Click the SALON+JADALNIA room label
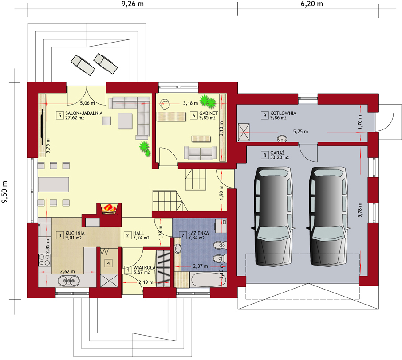point(84,113)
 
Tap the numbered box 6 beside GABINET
point(194,116)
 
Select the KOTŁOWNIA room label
point(283,113)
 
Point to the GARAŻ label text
point(277,153)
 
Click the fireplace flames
point(109,208)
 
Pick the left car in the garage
point(273,216)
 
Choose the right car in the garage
point(328,216)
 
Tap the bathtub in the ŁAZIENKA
point(208,280)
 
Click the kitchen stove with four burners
point(45,260)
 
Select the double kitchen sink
point(68,281)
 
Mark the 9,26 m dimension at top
point(132,4)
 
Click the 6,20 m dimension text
point(312,4)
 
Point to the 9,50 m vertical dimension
point(4,192)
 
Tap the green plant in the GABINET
point(208,102)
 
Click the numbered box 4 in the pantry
point(108,263)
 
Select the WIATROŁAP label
point(145,268)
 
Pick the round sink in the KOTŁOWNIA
point(282,139)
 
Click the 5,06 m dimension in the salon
point(87,103)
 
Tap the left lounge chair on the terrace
point(83,65)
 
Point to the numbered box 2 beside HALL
point(128,235)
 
